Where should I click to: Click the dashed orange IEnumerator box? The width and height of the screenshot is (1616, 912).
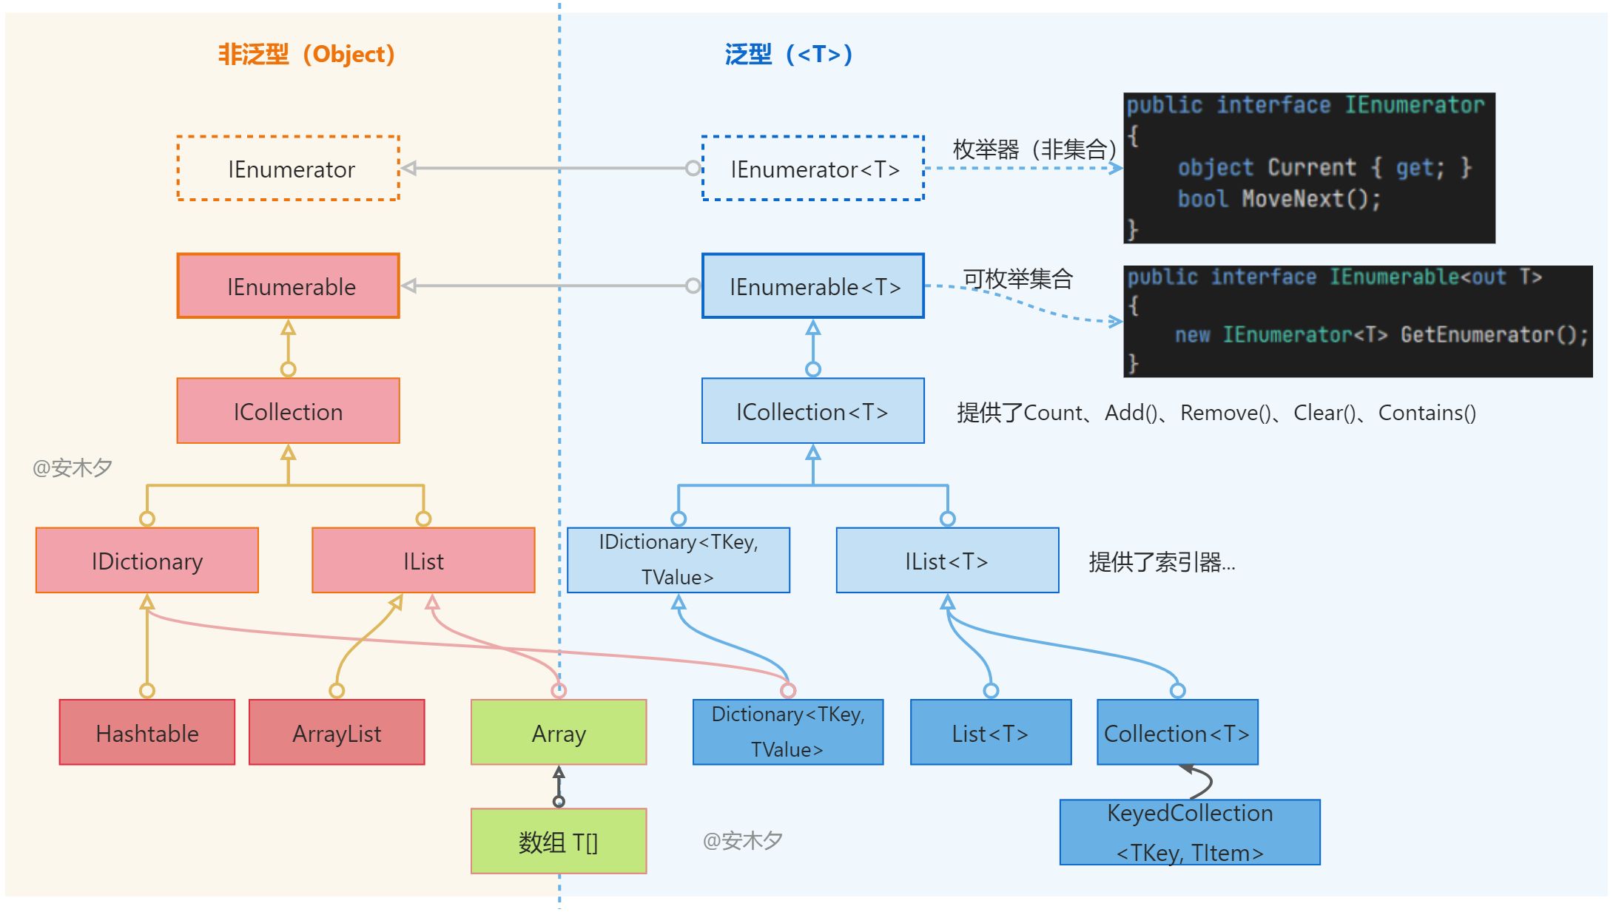click(x=289, y=169)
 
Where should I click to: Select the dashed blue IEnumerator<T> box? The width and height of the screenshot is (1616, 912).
click(x=813, y=169)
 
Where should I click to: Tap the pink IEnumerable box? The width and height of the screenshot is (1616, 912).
click(x=289, y=286)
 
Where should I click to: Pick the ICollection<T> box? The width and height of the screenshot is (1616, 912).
click(x=813, y=411)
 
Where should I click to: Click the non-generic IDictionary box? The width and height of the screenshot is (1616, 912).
click(x=147, y=561)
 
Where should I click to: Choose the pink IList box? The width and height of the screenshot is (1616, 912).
click(x=423, y=561)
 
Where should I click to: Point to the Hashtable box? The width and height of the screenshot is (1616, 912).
click(x=147, y=732)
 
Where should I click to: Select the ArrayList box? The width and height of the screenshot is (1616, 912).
click(x=337, y=732)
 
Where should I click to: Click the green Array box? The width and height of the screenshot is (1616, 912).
click(x=559, y=732)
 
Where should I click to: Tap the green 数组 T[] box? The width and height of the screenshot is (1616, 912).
click(x=559, y=841)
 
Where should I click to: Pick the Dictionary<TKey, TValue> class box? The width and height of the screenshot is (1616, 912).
click(x=788, y=732)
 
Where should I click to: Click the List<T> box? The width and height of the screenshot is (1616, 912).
click(x=991, y=732)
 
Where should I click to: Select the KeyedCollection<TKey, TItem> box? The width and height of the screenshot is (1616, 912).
click(x=1190, y=832)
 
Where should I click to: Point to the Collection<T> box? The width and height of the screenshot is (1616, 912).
click(x=1177, y=732)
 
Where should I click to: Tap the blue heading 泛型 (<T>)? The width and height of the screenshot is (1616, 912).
click(x=789, y=54)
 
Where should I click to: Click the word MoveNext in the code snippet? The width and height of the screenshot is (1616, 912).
click(x=1292, y=199)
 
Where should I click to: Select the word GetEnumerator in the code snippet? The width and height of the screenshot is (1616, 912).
click(x=1477, y=334)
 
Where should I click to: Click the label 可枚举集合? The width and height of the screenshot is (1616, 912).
click(x=1017, y=279)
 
